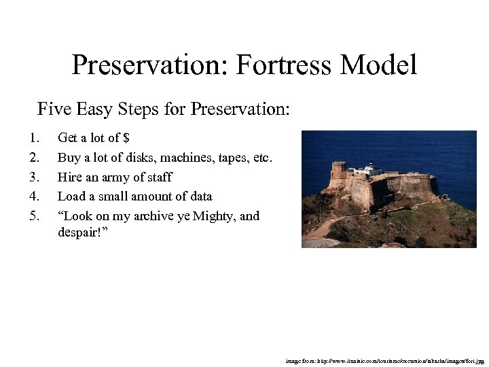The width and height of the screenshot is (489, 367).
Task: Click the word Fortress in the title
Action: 284,65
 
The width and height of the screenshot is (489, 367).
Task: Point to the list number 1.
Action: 33,138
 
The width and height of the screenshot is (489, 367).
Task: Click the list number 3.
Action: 33,177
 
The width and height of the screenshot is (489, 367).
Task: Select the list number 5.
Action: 33,217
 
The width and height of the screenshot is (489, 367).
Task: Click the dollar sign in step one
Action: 125,138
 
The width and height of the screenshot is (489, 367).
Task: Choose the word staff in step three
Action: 158,177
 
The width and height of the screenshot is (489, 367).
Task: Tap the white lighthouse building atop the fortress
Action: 372,167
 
